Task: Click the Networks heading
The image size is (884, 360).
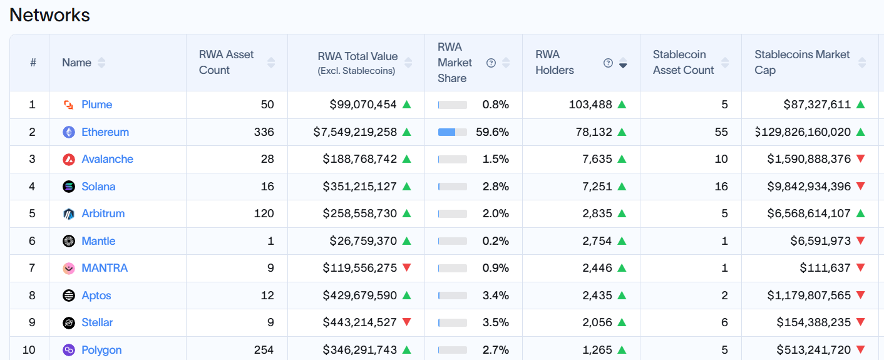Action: tap(49, 15)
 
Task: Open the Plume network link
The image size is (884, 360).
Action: tap(96, 105)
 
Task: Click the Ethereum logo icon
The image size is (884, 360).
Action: tap(69, 132)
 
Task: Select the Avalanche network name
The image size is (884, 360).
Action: tap(107, 159)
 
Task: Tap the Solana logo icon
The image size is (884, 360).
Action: tap(69, 187)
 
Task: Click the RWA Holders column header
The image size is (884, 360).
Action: tap(555, 63)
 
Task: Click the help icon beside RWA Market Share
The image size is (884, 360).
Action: tap(491, 63)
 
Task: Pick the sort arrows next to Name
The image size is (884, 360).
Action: tap(101, 63)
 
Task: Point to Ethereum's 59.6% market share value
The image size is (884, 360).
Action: tap(495, 132)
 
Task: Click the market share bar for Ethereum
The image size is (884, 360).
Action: tap(453, 132)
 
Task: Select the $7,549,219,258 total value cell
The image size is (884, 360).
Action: tap(355, 132)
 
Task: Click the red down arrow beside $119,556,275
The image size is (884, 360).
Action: tap(407, 268)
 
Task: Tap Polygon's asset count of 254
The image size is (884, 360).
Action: tap(264, 350)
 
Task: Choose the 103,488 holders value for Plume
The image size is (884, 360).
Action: tap(590, 105)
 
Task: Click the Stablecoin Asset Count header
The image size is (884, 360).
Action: tap(683, 63)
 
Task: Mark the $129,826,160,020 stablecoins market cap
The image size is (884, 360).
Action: tap(803, 132)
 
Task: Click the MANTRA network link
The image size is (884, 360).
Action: tap(105, 268)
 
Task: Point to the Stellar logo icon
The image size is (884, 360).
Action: tap(69, 323)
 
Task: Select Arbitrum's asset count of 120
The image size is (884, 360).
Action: tap(264, 213)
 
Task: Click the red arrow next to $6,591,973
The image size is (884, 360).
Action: tap(860, 241)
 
